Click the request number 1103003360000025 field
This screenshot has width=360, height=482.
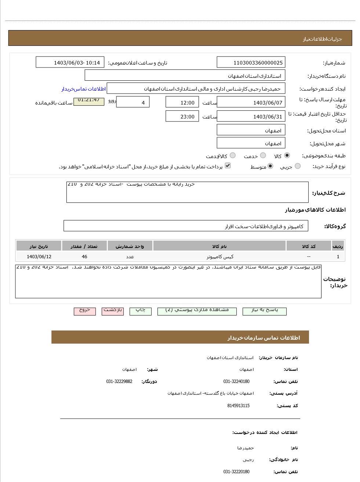(x=251, y=62)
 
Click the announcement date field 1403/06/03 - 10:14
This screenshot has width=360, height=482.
(x=70, y=62)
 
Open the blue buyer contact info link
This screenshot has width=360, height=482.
(x=83, y=89)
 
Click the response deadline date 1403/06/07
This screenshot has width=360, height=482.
(x=251, y=102)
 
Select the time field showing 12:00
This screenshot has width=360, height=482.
(x=182, y=102)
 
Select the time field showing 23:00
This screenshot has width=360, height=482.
(x=182, y=116)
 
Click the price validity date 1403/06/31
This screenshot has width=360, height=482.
(x=251, y=116)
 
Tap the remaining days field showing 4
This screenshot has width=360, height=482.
(x=132, y=102)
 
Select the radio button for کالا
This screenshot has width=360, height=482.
(x=287, y=156)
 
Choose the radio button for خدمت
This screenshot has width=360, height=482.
(x=263, y=156)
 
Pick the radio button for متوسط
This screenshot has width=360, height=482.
(x=270, y=166)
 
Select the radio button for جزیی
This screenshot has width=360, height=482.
(x=298, y=166)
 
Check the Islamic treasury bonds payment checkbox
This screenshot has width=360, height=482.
(x=228, y=166)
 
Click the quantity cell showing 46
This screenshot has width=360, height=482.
(x=84, y=256)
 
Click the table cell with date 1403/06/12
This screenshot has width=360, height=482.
(x=39, y=256)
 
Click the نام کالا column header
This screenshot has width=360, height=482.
(x=219, y=246)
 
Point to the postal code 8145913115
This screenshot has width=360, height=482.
(x=238, y=406)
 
